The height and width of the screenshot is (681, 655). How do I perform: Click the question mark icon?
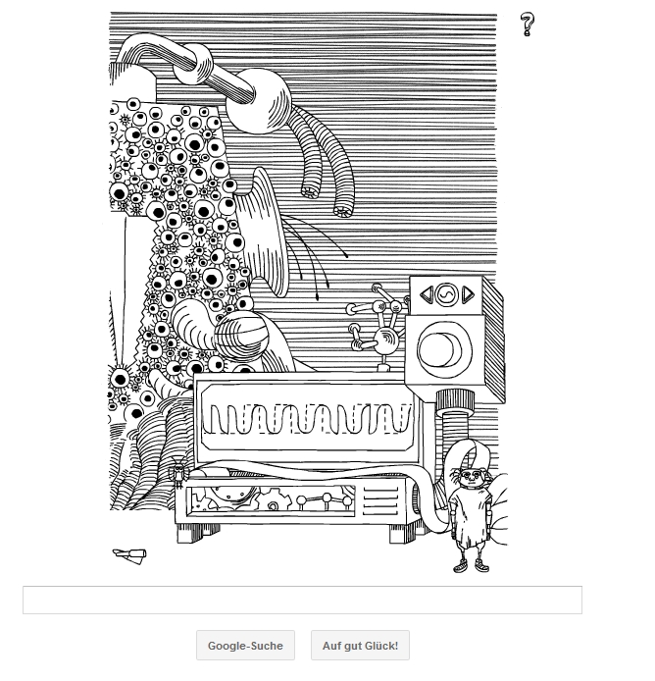pos(528,25)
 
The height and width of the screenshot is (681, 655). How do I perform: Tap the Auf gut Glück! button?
pos(360,646)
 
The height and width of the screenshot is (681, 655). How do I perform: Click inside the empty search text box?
pos(302,600)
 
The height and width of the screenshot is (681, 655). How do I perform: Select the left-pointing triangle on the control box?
pos(427,295)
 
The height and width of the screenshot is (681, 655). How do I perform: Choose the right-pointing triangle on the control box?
pos(468,295)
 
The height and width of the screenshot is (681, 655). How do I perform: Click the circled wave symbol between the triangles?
pos(447,295)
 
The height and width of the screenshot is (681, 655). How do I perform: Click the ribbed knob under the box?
pos(455,400)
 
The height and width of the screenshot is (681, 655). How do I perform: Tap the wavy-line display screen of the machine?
pos(309,419)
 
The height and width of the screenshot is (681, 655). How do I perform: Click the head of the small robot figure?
pos(471,477)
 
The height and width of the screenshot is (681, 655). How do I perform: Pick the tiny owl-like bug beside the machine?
pos(178,472)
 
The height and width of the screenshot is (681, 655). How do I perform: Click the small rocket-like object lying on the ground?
pos(129,555)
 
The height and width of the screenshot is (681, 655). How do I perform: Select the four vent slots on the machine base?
pos(380,501)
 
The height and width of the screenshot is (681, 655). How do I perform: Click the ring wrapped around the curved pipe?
pos(193,65)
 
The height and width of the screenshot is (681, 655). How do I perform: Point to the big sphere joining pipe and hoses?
pos(258,101)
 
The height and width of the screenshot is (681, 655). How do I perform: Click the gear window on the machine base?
pos(271,501)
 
